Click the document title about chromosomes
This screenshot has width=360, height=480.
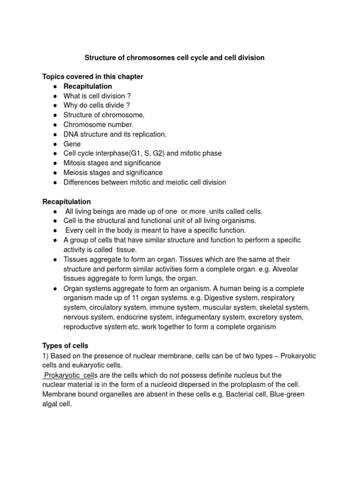[x=174, y=58]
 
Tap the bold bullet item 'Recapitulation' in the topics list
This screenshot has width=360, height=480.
[x=88, y=86]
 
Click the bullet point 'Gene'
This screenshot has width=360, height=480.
[x=72, y=144]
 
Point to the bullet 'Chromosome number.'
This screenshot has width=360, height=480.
[x=98, y=125]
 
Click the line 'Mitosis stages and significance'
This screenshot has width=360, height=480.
[x=112, y=163]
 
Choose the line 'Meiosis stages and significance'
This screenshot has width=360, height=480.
[x=113, y=172]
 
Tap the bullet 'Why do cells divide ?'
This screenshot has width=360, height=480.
[x=96, y=105]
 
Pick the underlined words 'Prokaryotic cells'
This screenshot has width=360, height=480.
[x=68, y=375]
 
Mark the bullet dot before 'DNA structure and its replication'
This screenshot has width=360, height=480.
[x=55, y=135]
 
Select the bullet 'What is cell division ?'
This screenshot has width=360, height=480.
[x=97, y=96]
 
